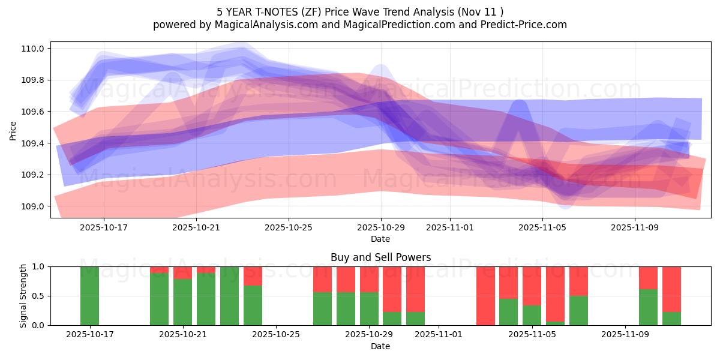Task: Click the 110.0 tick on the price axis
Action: [34, 49]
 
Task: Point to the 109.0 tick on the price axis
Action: [34, 206]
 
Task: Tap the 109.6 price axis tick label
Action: [34, 112]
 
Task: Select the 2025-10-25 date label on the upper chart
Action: [289, 227]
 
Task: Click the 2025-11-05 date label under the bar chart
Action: [532, 335]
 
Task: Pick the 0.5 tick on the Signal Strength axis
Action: [38, 296]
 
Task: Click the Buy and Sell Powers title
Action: [380, 257]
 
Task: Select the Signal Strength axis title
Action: [23, 296]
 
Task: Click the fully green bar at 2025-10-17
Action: [90, 296]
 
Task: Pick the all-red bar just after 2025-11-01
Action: [485, 296]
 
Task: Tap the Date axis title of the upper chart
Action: [380, 239]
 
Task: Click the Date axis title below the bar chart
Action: [380, 346]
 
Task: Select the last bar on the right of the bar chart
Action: [671, 296]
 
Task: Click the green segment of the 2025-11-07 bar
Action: [578, 310]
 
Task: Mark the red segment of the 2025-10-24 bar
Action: [253, 275]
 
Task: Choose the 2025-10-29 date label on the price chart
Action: [381, 227]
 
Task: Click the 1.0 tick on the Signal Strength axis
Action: [38, 266]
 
